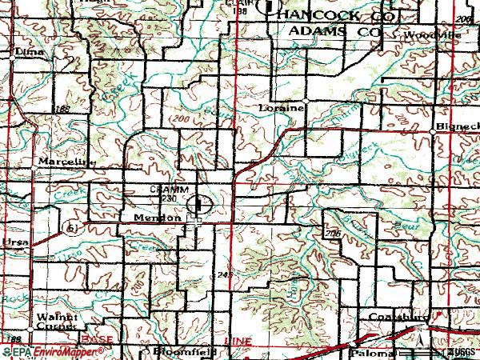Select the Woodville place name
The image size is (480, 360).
click(431, 35)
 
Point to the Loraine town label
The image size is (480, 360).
click(277, 106)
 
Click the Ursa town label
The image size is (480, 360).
click(15, 241)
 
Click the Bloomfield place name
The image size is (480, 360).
click(175, 352)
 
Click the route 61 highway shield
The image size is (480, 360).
click(71, 228)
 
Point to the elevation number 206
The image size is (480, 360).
click(332, 232)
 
